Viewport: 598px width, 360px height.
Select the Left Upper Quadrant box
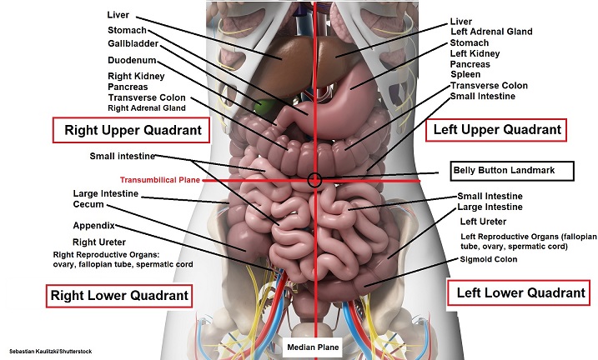(x=495, y=130)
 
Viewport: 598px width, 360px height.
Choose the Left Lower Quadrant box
(x=517, y=292)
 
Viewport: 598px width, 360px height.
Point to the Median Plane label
(x=312, y=347)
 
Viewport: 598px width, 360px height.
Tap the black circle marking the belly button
(x=314, y=179)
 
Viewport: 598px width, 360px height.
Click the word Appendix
(x=93, y=226)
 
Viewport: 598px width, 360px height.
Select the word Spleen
(x=465, y=74)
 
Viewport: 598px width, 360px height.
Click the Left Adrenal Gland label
(x=490, y=32)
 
